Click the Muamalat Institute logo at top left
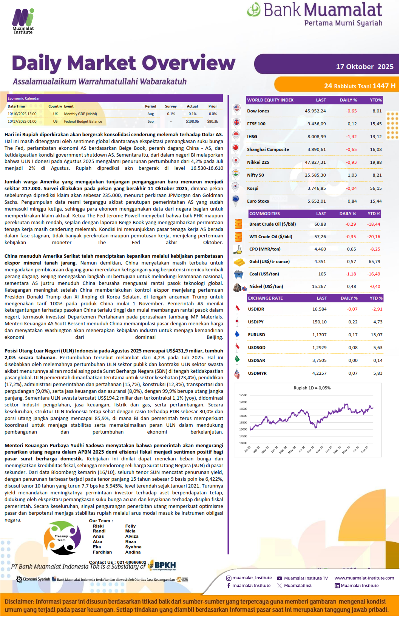[23, 21]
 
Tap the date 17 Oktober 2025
[364, 67]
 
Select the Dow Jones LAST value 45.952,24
[315, 111]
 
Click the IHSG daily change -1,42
[351, 137]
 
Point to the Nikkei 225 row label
[258, 162]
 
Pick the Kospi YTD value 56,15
[375, 188]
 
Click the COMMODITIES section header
[264, 214]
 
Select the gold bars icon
[239, 262]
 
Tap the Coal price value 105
[322, 274]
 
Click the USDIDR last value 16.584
[319, 309]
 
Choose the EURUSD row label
[256, 335]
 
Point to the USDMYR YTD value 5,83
[378, 373]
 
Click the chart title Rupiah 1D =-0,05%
[312, 388]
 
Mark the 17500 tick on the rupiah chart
[243, 395]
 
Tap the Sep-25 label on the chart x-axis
[364, 449]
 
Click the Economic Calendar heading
[24, 98]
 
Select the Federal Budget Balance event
[83, 122]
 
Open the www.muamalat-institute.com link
[364, 578]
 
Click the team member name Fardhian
[102, 552]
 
